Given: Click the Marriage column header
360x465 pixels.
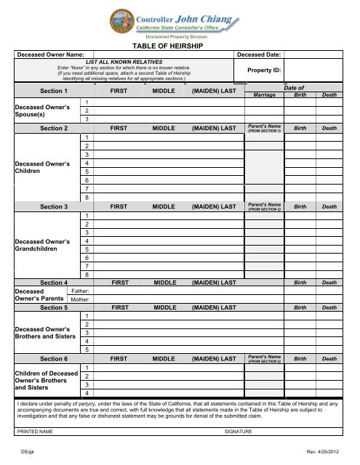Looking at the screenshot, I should (263, 95).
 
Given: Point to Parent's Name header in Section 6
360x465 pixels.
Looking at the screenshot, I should (264, 359).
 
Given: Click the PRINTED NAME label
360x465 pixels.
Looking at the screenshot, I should (35, 432).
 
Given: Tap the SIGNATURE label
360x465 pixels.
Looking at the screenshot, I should (239, 432).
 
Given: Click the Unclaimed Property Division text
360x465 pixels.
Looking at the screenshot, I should (176, 35).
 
